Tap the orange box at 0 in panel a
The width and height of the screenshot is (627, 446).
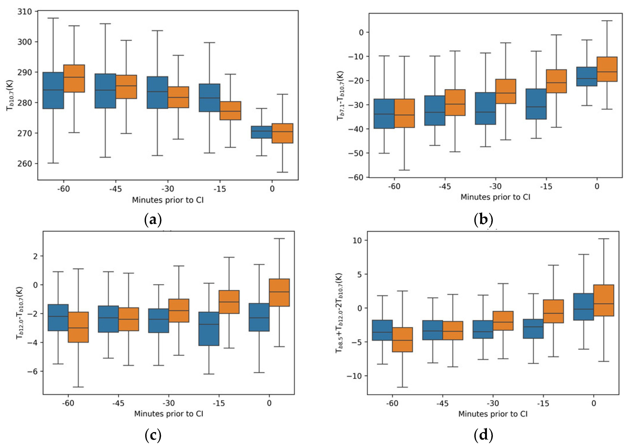[282, 133]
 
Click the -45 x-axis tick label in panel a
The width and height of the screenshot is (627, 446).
[115, 189]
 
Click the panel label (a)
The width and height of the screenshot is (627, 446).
[153, 220]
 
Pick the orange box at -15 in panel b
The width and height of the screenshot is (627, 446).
[556, 81]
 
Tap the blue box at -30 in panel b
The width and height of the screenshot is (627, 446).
[485, 108]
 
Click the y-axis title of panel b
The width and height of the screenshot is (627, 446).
[340, 95]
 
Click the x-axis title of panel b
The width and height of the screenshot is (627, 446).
[495, 197]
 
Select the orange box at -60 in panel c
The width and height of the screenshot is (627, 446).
[78, 327]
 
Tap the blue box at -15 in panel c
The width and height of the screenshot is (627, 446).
[209, 329]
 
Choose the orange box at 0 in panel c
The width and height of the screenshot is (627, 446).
[279, 293]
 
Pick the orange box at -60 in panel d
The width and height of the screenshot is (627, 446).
[402, 339]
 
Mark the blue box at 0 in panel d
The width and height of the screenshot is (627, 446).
[583, 307]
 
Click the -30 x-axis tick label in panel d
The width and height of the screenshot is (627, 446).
[493, 403]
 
